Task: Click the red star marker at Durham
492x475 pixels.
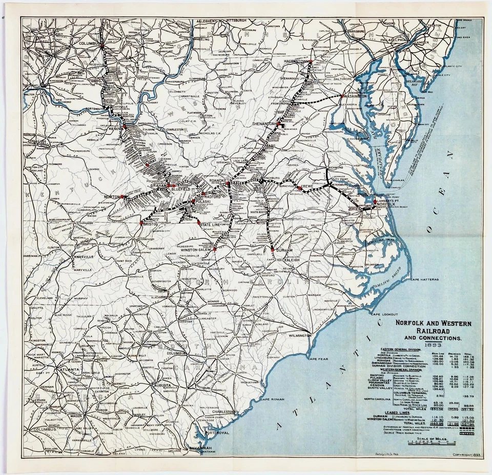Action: (272, 249)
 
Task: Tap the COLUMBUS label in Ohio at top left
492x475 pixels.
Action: (88, 44)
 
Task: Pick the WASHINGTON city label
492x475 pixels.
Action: (354, 96)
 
